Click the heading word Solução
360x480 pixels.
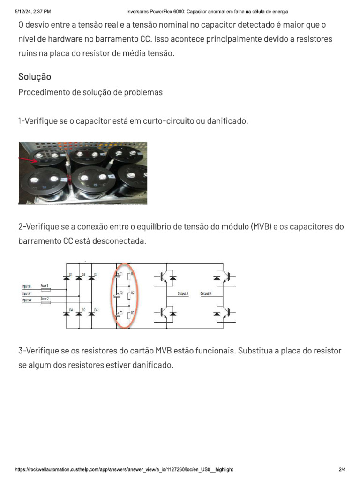click(x=35, y=76)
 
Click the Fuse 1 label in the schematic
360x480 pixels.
click(x=45, y=285)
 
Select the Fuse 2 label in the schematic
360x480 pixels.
click(x=45, y=299)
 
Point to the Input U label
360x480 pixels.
click(x=26, y=285)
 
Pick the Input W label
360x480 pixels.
click(x=26, y=300)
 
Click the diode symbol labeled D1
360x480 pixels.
click(x=67, y=278)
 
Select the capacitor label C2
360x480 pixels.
click(x=121, y=292)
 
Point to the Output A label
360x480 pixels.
click(x=183, y=293)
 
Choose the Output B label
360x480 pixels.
click(x=206, y=293)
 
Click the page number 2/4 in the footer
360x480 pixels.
click(x=342, y=469)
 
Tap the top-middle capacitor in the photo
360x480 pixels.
click(x=87, y=157)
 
